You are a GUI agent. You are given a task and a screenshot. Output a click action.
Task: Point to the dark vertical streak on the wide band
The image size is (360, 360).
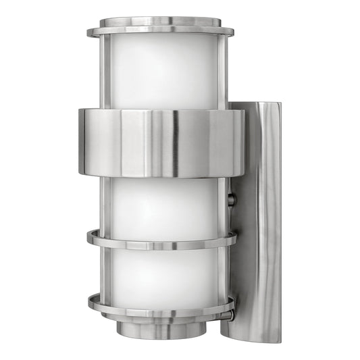click(x=174, y=143)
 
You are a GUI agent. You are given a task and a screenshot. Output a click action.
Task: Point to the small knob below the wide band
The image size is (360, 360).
click(x=232, y=199)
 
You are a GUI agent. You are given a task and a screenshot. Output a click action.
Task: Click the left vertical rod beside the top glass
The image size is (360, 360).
click(x=105, y=71)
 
